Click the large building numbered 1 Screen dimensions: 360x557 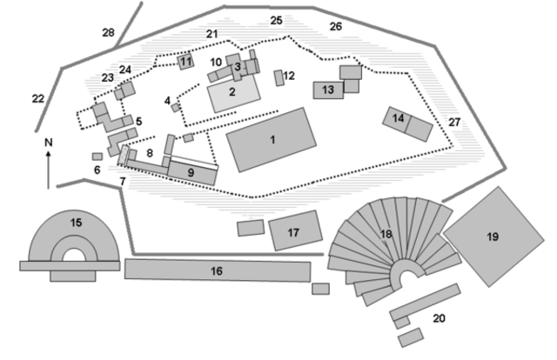click(272, 139)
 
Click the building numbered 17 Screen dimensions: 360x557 click(293, 232)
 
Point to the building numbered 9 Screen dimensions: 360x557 click(192, 170)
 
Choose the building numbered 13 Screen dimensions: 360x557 click(327, 90)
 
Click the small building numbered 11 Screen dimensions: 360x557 click(185, 62)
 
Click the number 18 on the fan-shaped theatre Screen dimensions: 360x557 click(386, 234)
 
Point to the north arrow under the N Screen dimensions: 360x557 click(48, 170)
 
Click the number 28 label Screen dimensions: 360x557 click(108, 33)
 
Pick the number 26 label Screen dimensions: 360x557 click(336, 27)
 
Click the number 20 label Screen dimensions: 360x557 click(440, 318)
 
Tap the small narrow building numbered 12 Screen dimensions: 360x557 click(279, 77)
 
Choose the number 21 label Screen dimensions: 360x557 click(211, 33)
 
